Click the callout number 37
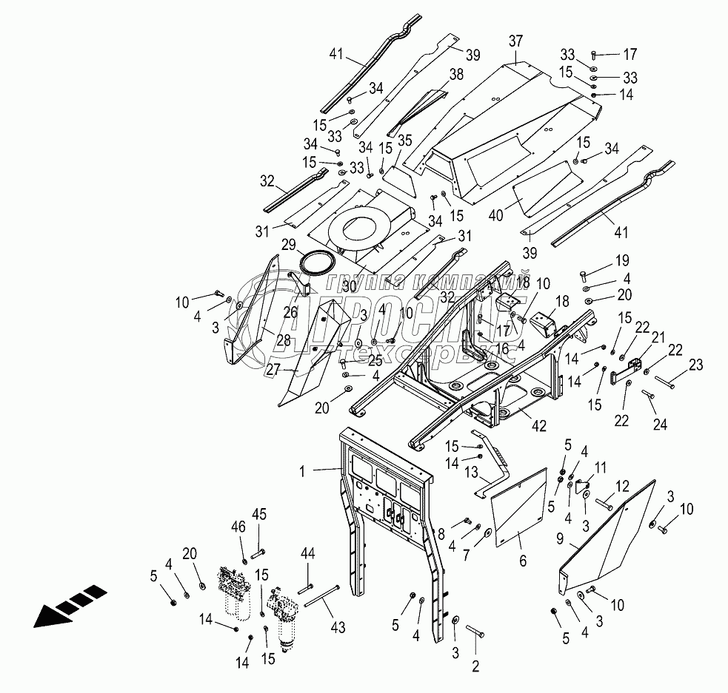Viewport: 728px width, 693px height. click(515, 41)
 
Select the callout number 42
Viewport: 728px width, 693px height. click(539, 425)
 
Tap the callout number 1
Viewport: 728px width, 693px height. click(303, 471)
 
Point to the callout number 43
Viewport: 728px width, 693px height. click(338, 627)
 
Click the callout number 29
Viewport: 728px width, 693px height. click(289, 244)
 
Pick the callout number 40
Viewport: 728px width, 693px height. click(496, 215)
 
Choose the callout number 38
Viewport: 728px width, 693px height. click(456, 74)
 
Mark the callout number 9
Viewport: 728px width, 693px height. click(560, 538)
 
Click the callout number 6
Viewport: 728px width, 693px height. click(523, 561)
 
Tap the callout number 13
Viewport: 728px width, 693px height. click(471, 472)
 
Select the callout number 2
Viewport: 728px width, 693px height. click(475, 666)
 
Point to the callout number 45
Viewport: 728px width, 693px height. click(259, 514)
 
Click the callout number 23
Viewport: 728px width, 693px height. click(695, 365)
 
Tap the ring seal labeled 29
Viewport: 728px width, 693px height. click(318, 263)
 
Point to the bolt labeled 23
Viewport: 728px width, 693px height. click(665, 382)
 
